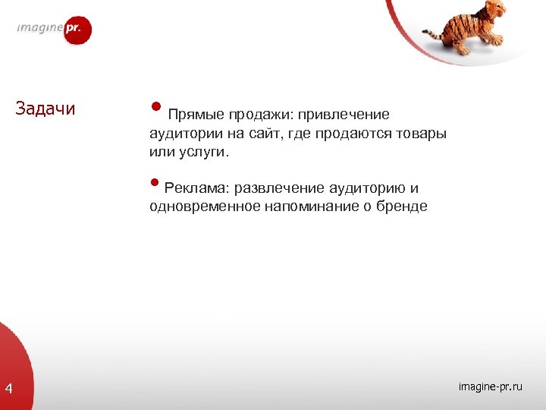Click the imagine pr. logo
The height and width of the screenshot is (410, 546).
click(x=54, y=30)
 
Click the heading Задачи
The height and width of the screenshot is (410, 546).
click(x=45, y=109)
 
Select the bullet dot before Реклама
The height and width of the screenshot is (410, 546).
click(x=155, y=181)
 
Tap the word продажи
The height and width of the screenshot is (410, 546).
click(x=256, y=115)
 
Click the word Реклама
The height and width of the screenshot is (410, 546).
click(x=196, y=188)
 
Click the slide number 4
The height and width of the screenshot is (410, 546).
click(x=8, y=389)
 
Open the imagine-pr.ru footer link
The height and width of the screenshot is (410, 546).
click(x=490, y=387)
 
